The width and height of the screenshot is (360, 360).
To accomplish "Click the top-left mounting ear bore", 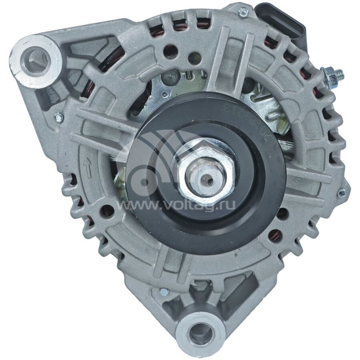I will [37, 58].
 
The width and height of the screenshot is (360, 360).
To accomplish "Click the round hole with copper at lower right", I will [274, 234].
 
